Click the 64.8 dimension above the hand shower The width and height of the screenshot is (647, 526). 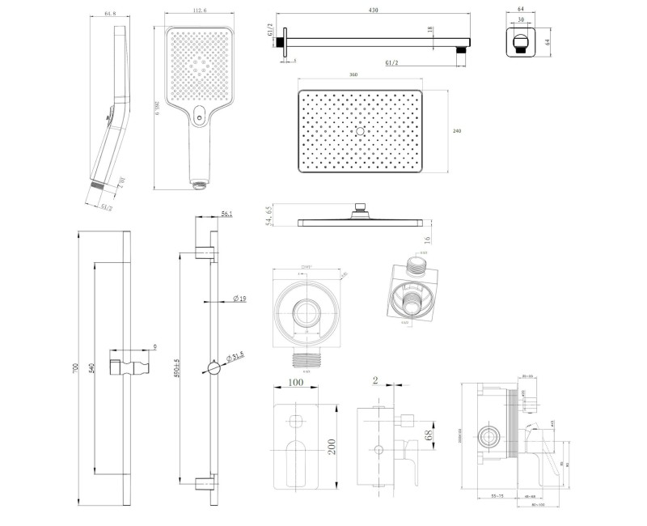point(122,12)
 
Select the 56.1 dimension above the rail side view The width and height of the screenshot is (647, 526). point(227,215)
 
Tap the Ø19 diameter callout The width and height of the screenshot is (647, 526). point(239,299)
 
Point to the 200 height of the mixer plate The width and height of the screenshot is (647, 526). point(333,445)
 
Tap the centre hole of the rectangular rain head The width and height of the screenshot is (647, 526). point(360,130)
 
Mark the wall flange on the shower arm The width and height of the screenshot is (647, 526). point(284,42)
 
